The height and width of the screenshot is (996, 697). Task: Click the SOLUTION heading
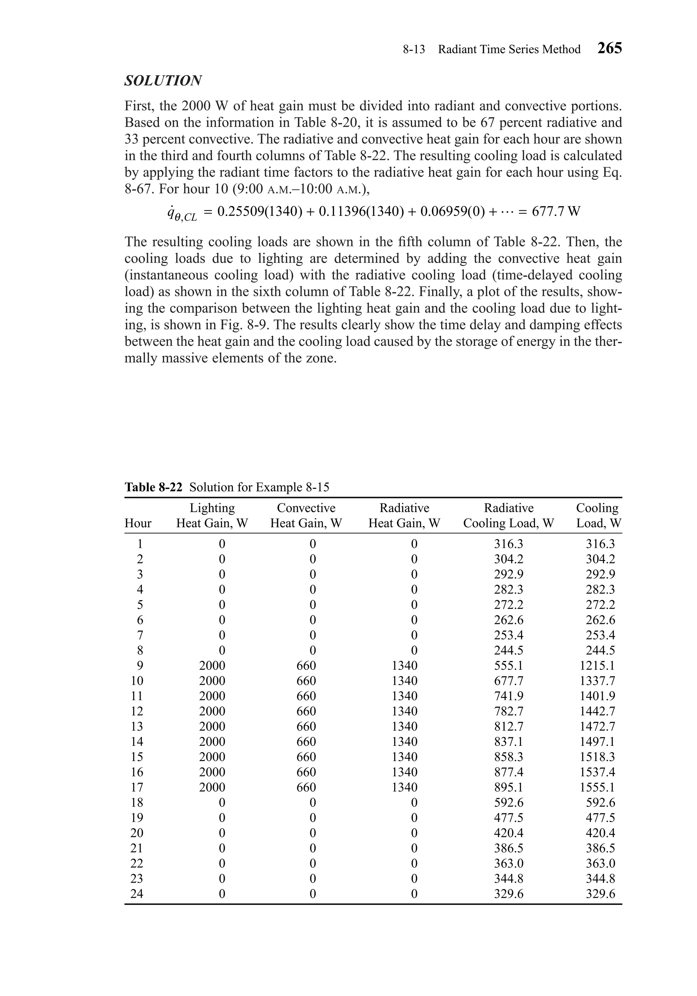tap(163, 81)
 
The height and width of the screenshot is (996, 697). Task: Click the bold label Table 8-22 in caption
tap(153, 487)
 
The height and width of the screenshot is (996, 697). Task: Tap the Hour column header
tap(138, 523)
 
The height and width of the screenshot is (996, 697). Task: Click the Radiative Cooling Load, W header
tap(508, 515)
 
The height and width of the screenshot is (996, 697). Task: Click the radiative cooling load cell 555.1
tap(508, 665)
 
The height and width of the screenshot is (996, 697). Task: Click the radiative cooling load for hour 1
tap(508, 544)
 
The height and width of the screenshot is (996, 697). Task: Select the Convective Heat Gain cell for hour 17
tap(306, 787)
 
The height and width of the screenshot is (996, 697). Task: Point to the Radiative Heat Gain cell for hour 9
tap(404, 665)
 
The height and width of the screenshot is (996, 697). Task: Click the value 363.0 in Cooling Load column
tap(600, 863)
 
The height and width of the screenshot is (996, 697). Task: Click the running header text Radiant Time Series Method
tap(509, 49)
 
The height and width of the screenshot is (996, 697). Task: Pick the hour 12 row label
tap(137, 711)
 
